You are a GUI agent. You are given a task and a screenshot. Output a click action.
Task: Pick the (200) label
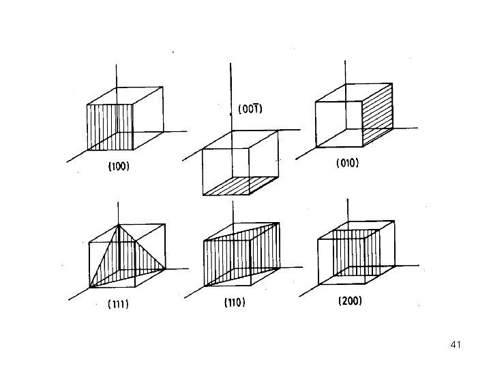tap(351, 300)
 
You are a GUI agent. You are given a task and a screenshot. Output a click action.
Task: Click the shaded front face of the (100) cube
tap(109, 126)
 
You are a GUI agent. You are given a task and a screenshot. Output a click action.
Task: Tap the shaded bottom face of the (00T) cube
tap(239, 184)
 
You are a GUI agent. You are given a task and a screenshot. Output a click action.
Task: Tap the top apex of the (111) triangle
tap(119, 225)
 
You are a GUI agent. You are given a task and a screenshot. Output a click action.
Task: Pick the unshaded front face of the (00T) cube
tap(226, 171)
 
